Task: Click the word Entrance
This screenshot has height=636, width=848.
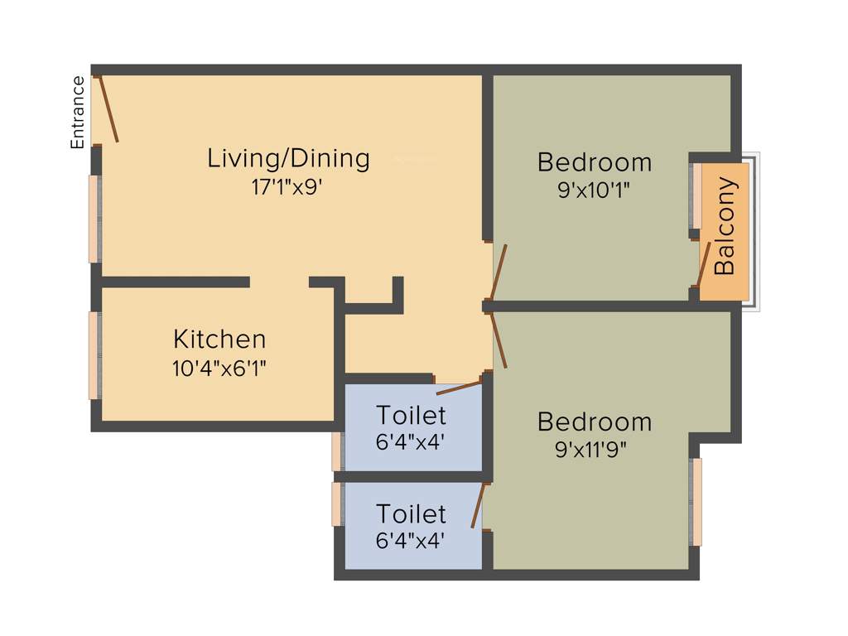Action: point(78,112)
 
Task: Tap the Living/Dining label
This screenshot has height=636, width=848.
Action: point(288,157)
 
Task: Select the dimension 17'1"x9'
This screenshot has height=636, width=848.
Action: point(286,187)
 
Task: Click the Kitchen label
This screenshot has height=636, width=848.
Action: point(219,339)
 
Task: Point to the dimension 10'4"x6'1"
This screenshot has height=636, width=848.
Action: point(219,368)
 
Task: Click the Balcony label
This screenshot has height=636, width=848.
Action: point(725,226)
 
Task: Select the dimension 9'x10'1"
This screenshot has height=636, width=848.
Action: point(594,190)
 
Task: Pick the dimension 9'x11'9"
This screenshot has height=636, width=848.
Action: point(594,450)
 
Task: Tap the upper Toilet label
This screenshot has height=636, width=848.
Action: point(411,414)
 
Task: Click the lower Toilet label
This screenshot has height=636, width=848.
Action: point(411,514)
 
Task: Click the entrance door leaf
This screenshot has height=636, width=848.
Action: point(108,109)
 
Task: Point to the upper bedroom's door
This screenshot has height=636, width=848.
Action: point(499,272)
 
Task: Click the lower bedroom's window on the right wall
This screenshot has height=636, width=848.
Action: point(696,502)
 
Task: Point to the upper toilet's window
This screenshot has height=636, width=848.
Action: point(337,451)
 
